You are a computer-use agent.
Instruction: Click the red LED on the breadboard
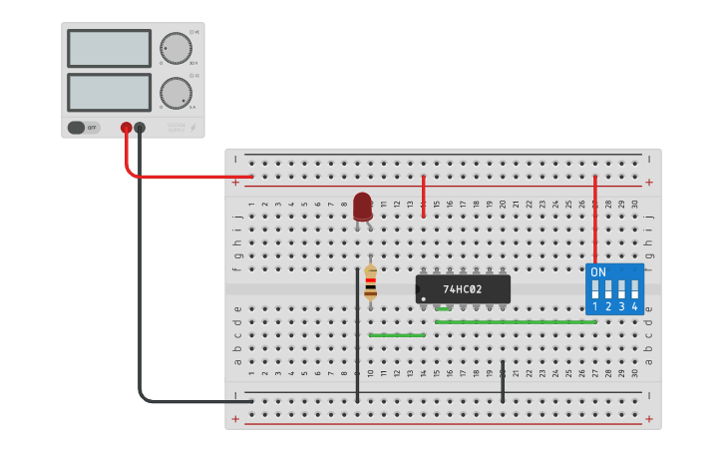click(x=363, y=207)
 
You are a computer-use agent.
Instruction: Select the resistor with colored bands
click(x=371, y=281)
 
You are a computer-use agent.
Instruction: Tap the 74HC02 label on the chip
click(x=463, y=289)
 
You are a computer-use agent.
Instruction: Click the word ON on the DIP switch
click(x=597, y=272)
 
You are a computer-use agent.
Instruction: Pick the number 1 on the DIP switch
click(x=595, y=307)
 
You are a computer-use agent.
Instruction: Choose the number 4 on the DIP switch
click(x=634, y=307)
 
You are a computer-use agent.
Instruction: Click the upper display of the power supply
click(x=109, y=48)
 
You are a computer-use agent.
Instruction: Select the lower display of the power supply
click(x=109, y=92)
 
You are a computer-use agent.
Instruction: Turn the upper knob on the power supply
click(x=176, y=48)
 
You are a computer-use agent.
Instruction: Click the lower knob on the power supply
click(x=176, y=93)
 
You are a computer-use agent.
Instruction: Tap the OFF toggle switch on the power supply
click(x=84, y=128)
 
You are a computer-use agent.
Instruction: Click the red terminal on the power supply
click(x=126, y=128)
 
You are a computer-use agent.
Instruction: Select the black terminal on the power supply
click(x=140, y=128)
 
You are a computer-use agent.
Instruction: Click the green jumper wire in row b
click(x=397, y=335)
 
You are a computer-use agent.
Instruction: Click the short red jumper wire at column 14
click(x=424, y=195)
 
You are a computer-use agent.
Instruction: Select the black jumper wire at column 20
click(x=503, y=381)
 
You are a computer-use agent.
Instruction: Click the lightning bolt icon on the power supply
click(x=193, y=128)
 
